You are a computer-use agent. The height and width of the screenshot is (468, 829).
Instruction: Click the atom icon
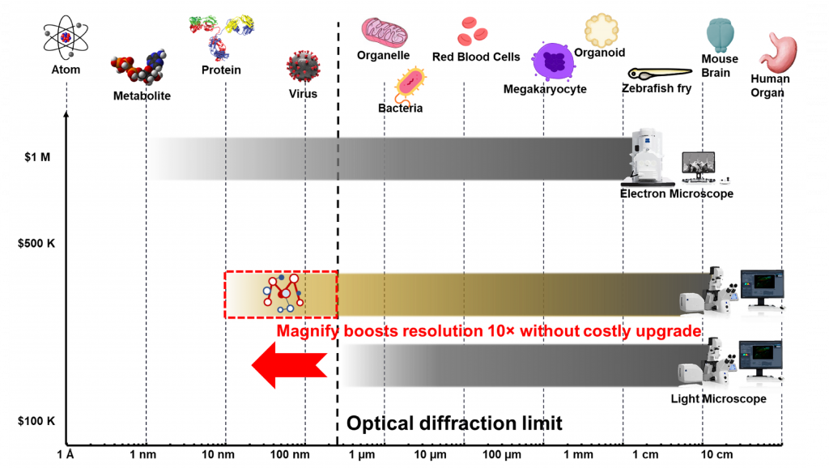66,36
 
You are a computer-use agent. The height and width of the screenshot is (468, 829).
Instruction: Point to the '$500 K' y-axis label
36,243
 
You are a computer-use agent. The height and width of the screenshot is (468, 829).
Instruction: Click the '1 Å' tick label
66,454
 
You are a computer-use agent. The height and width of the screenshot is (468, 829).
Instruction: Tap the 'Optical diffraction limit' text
454,423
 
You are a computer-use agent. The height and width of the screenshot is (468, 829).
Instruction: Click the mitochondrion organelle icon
384,32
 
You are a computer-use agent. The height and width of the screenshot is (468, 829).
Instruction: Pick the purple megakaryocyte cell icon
555,62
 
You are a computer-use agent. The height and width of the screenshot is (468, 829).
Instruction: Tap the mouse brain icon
719,35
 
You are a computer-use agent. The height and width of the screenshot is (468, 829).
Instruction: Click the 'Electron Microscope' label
676,194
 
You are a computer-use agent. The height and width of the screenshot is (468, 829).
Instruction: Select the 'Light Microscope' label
718,399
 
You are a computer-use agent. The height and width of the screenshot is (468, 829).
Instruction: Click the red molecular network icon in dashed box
283,293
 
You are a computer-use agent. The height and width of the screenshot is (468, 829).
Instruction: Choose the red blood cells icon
472,32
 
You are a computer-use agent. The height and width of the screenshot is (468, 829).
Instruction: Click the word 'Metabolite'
142,96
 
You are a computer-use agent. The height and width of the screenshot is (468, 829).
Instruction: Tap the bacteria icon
411,83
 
